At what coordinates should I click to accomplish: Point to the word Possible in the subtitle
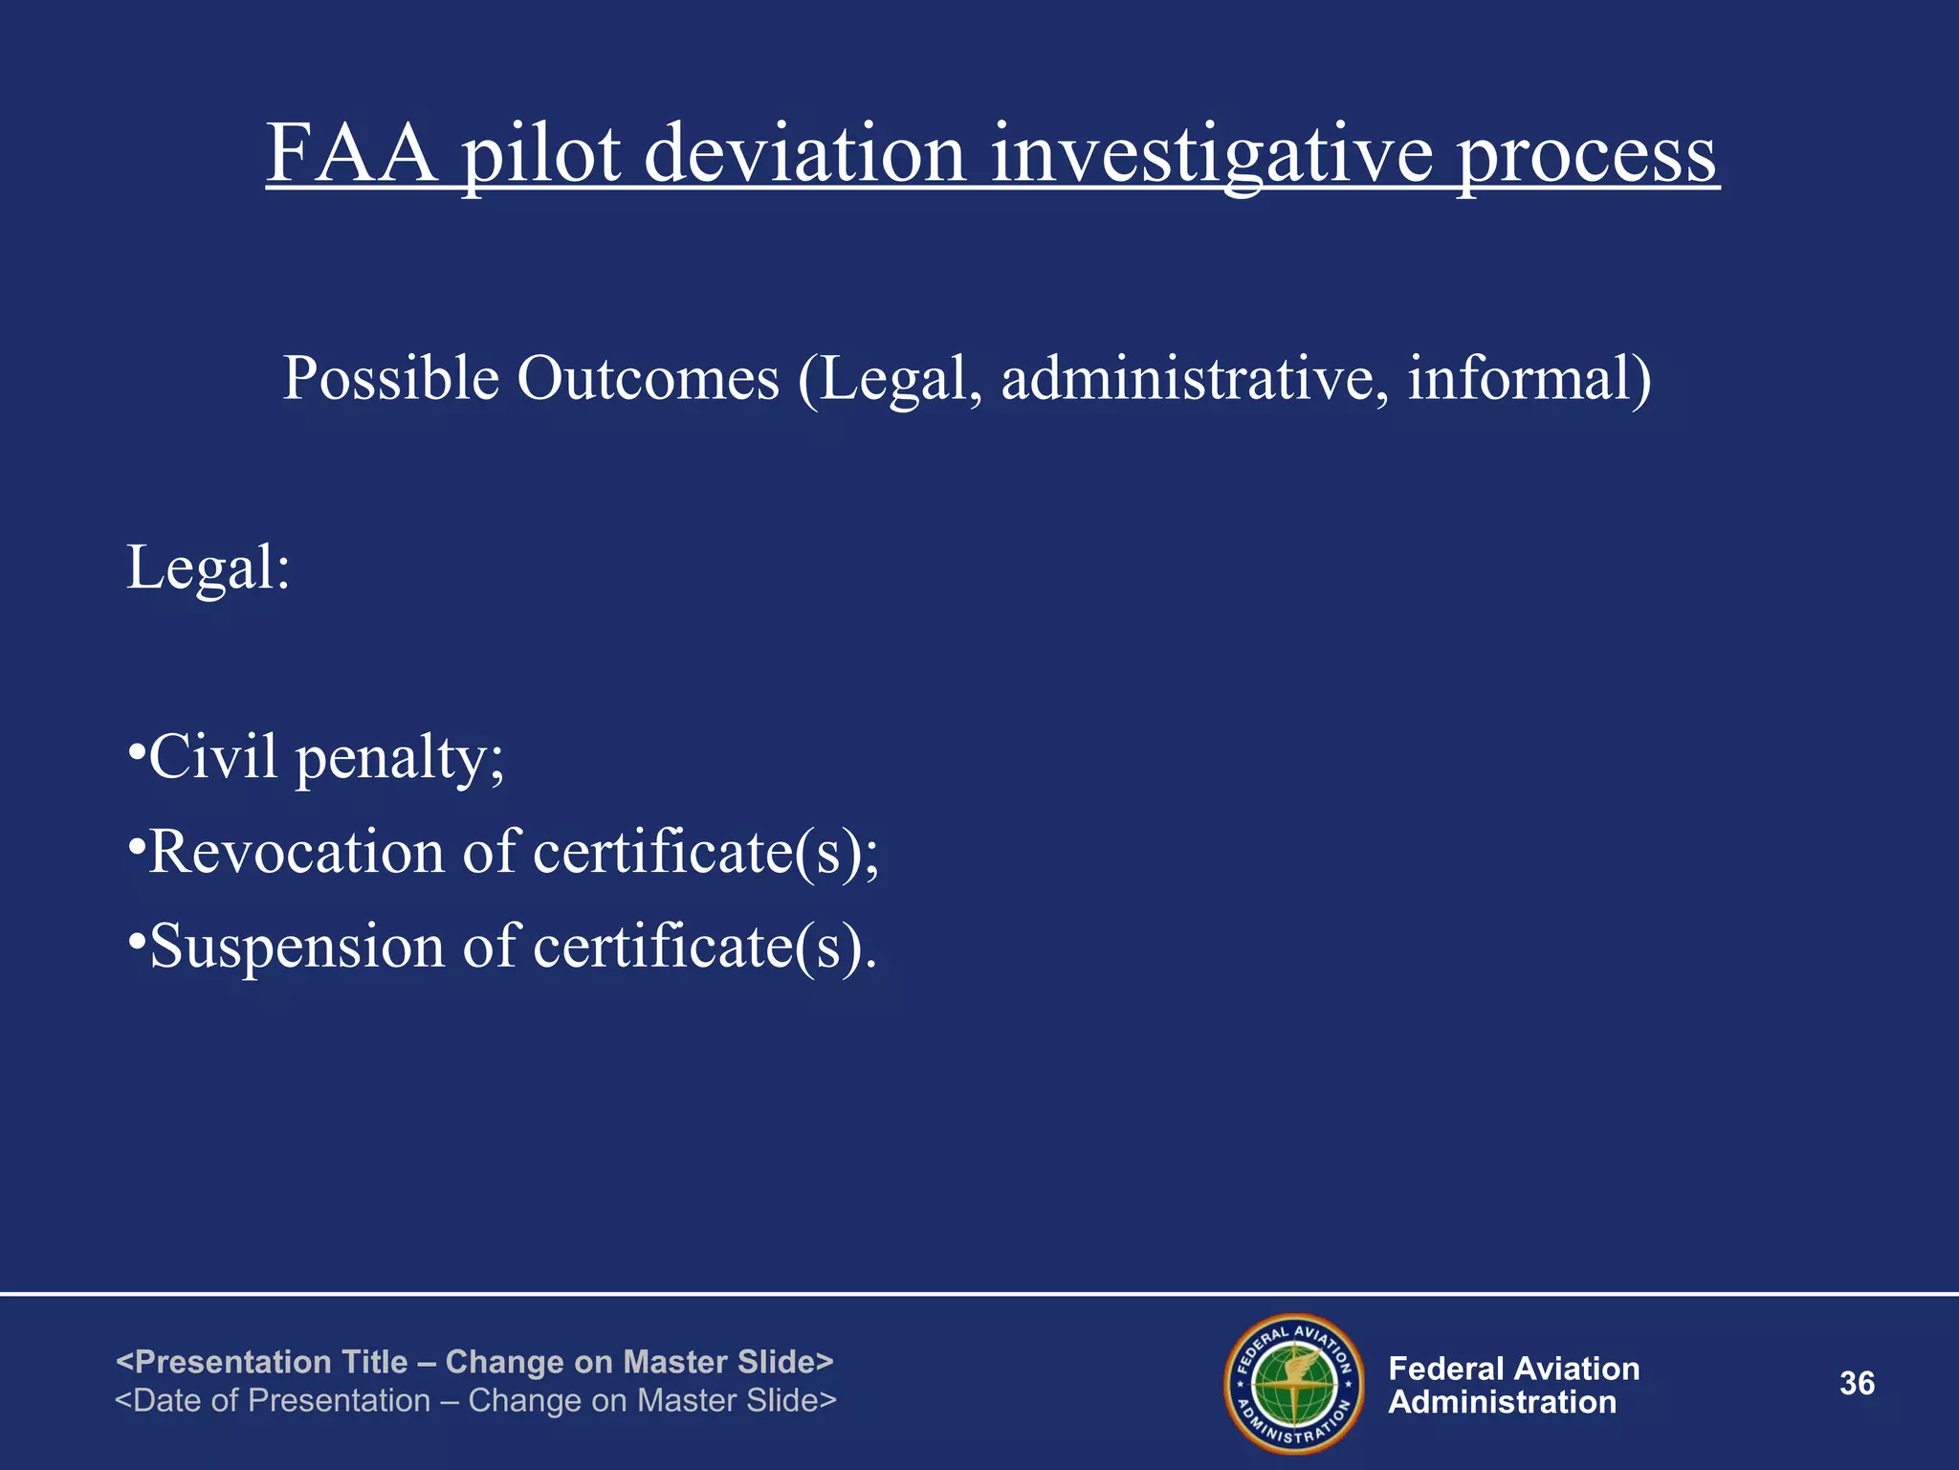(x=390, y=378)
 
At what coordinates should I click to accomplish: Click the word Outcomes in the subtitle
(x=648, y=378)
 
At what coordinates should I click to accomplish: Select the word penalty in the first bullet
(x=399, y=758)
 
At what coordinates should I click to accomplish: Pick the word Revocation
(x=297, y=851)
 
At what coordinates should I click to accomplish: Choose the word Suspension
(x=297, y=946)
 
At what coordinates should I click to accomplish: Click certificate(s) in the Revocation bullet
(x=704, y=851)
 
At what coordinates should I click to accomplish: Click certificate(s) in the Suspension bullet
(x=704, y=946)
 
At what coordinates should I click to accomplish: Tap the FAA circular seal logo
(x=1294, y=1384)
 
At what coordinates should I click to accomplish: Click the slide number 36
(x=1857, y=1383)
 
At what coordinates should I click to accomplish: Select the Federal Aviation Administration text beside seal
(x=1513, y=1385)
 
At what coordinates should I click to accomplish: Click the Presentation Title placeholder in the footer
(x=474, y=1361)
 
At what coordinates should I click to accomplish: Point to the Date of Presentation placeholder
(x=475, y=1400)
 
